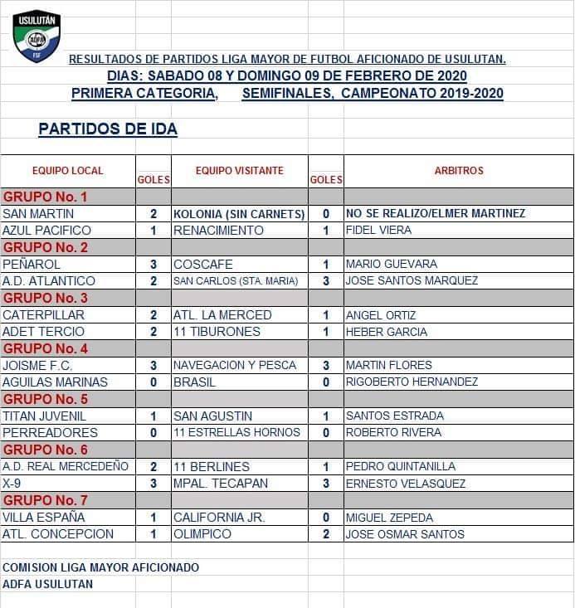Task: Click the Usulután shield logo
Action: point(36,35)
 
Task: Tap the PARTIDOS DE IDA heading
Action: point(108,129)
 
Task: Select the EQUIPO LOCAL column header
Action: point(68,171)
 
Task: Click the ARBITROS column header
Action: point(459,171)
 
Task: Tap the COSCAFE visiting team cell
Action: point(203,264)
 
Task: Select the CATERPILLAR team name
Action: point(43,315)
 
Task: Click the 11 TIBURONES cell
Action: point(217,332)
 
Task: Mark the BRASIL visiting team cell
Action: point(194,382)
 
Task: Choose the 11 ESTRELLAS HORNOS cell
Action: point(236,432)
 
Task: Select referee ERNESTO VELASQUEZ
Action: point(406,484)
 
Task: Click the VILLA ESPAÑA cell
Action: point(39,517)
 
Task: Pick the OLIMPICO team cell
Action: point(202,533)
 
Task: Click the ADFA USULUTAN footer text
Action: point(48,584)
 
